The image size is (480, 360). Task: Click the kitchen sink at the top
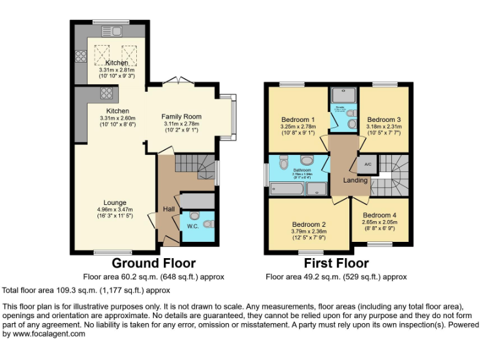[112, 31]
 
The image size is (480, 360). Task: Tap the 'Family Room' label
[181, 116]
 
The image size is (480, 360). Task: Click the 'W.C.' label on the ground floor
[192, 226]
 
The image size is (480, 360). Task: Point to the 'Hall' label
[169, 209]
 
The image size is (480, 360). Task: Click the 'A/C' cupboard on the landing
[367, 164]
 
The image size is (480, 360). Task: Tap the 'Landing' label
[355, 181]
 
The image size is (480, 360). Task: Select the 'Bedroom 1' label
[297, 119]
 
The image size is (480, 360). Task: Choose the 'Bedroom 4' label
[379, 215]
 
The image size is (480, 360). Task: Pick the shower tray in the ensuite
[342, 95]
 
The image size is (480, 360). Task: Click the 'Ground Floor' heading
[153, 263]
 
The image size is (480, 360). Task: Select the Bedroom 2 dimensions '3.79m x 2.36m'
[308, 231]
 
